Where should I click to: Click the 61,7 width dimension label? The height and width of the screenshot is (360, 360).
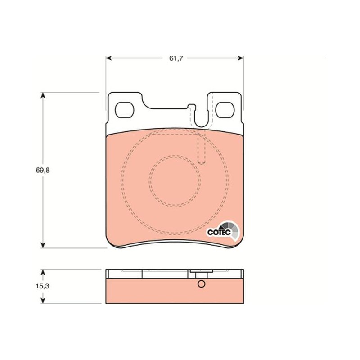(x=176, y=58)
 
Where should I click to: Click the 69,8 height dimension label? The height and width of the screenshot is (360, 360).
(x=43, y=170)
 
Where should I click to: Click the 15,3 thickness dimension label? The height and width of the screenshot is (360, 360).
(x=42, y=286)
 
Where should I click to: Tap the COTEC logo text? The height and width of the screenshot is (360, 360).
(x=219, y=232)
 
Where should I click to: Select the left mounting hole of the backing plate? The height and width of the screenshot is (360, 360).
(x=124, y=110)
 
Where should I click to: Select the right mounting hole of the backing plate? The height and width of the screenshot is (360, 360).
(x=225, y=110)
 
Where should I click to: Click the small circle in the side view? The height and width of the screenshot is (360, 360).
(x=201, y=284)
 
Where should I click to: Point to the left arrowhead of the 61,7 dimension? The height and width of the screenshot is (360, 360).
(x=108, y=58)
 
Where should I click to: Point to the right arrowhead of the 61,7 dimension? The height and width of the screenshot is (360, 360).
(x=241, y=58)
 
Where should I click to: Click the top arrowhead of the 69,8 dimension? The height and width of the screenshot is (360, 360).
(x=43, y=95)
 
